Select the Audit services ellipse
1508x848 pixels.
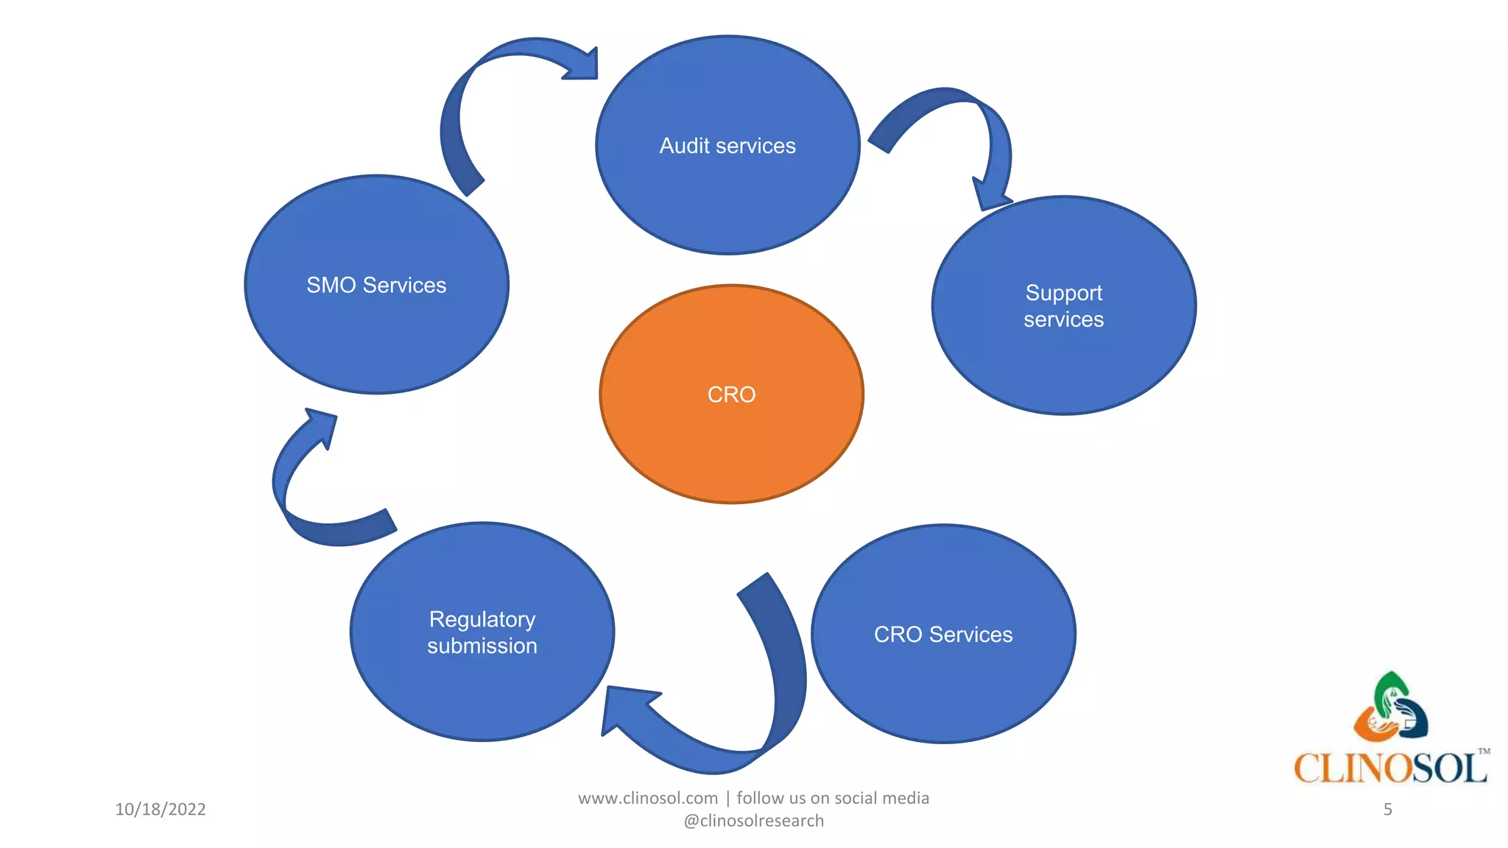click(727, 191)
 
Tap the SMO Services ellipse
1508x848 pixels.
click(376, 331)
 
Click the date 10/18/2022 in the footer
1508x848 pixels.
click(161, 809)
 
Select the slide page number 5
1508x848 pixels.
click(1387, 809)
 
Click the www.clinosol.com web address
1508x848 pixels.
click(647, 798)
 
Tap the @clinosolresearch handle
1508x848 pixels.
click(753, 821)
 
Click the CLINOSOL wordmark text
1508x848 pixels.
click(1388, 768)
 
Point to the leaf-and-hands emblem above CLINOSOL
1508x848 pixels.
click(1391, 707)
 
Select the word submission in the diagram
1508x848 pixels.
click(482, 646)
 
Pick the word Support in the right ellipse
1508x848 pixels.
click(1063, 293)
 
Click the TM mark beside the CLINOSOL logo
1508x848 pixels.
click(1484, 752)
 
